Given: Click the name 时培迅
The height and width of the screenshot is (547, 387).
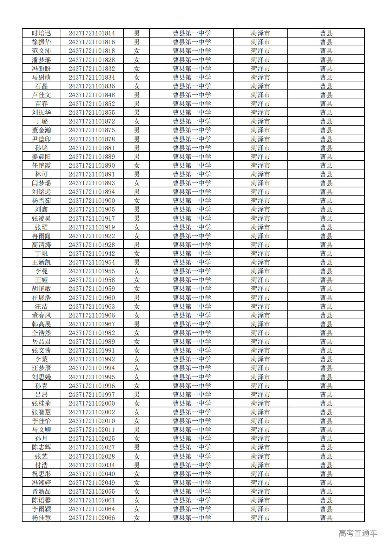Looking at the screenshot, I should click(x=41, y=33).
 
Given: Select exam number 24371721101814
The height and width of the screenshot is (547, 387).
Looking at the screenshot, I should click(x=92, y=33).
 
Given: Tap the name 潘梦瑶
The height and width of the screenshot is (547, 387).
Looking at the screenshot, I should click(x=41, y=60).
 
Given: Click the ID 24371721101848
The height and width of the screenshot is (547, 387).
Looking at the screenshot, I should click(x=92, y=95).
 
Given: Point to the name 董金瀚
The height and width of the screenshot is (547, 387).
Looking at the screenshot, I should click(x=41, y=130).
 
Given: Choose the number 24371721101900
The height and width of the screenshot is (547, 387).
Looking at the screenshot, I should click(x=92, y=201).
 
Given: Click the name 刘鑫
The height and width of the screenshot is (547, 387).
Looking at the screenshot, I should click(x=41, y=209).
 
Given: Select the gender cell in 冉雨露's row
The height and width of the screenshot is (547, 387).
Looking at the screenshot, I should click(x=137, y=236).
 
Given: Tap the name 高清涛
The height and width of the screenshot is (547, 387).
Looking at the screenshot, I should click(x=41, y=245).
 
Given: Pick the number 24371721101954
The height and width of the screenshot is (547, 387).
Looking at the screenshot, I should click(x=92, y=262).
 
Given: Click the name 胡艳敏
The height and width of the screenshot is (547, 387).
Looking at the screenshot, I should click(x=41, y=289).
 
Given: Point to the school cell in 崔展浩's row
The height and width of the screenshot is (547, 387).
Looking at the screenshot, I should click(x=192, y=298).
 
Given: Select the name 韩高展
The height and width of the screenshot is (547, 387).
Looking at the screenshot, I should click(x=41, y=324).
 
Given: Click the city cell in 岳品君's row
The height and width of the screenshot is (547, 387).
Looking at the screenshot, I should click(x=260, y=342).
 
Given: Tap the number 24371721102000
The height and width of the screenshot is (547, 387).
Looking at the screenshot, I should click(x=92, y=403).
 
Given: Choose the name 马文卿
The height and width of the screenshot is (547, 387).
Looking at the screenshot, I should click(x=41, y=430).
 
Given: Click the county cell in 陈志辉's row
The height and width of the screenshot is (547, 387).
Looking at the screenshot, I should click(x=326, y=447).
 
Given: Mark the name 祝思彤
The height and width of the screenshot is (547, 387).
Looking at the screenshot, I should click(x=41, y=474).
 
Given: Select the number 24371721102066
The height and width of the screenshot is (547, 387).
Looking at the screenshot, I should click(x=92, y=518).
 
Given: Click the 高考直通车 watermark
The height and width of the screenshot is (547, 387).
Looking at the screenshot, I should click(x=358, y=533).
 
